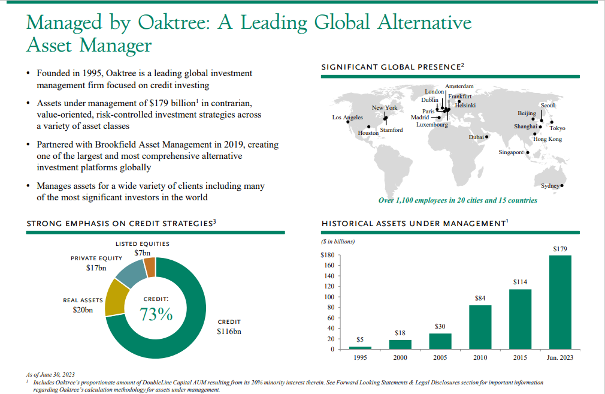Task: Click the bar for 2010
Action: coord(480,327)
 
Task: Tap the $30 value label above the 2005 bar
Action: coord(440,326)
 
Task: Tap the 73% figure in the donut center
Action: coord(156,314)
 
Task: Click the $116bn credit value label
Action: coord(229,331)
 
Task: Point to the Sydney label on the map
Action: coord(549,186)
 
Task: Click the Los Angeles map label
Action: coord(347,117)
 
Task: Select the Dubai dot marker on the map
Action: coord(486,137)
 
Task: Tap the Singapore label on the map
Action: coord(511,152)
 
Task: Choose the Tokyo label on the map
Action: coord(557,128)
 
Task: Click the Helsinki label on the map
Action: coord(465,106)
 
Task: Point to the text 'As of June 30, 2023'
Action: coord(51,374)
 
